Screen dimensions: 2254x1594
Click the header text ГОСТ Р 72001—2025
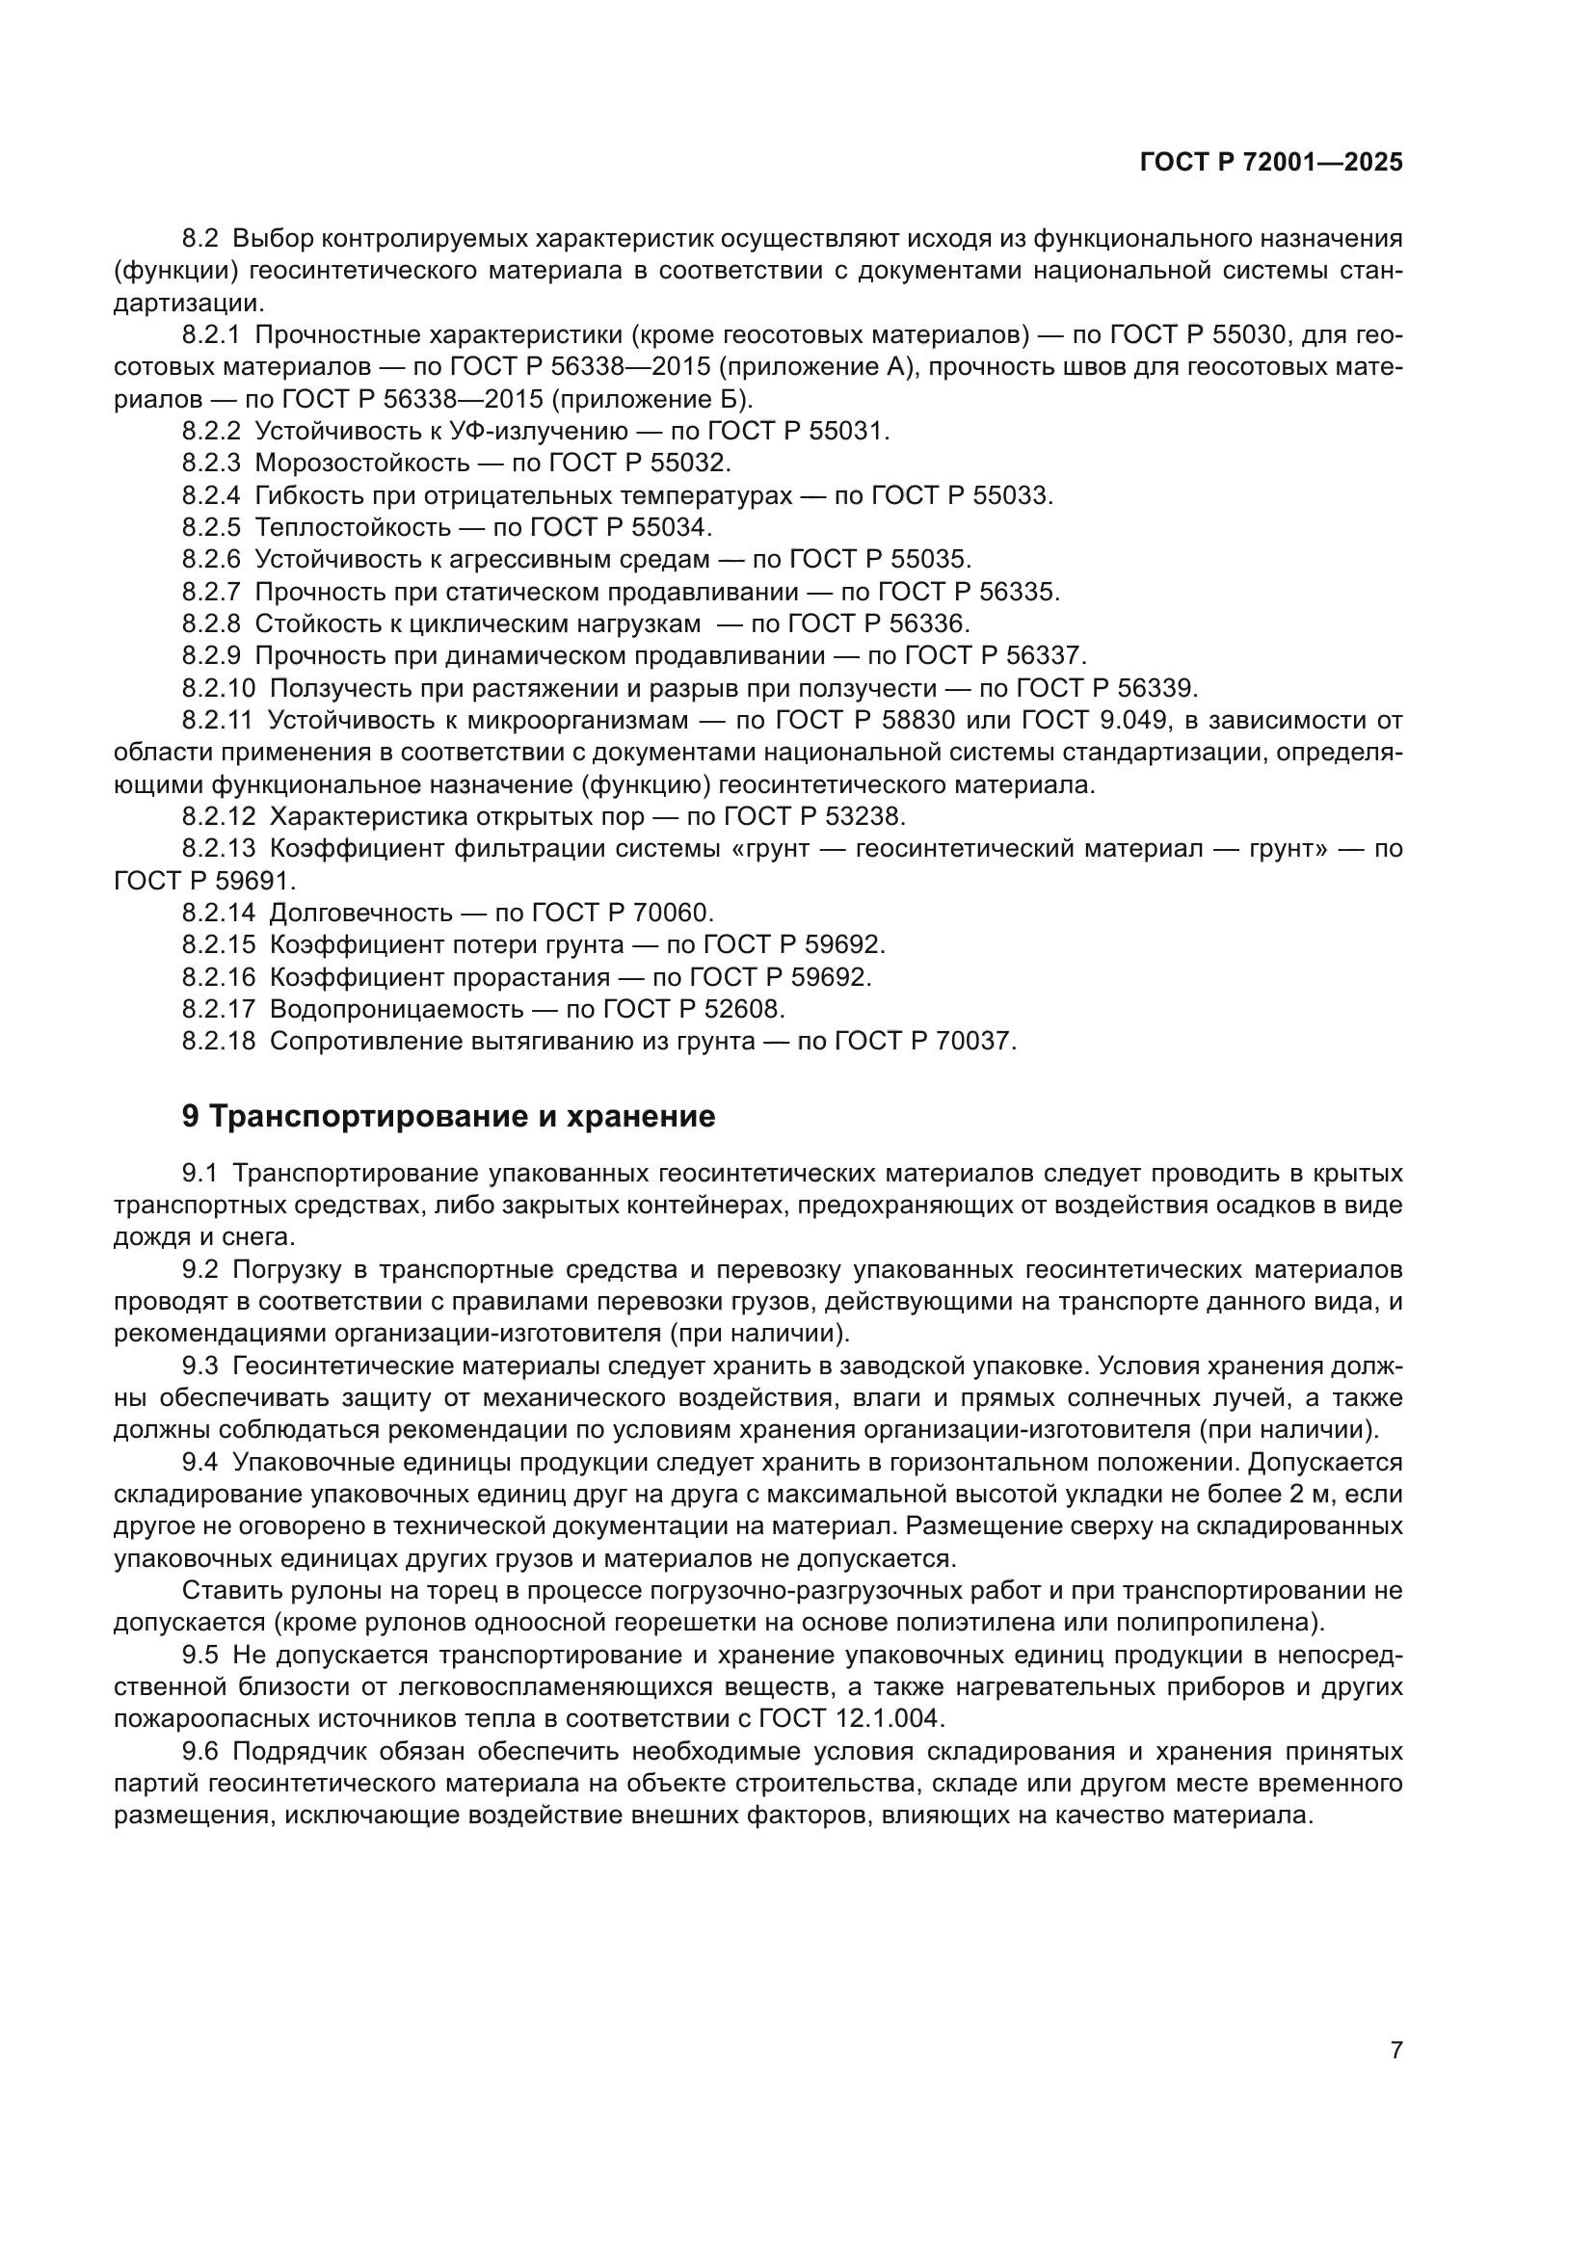click(x=1271, y=163)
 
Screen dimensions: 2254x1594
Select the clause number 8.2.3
click(x=211, y=463)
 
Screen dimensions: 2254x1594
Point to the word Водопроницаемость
click(x=396, y=1009)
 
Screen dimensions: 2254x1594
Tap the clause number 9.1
click(x=201, y=1174)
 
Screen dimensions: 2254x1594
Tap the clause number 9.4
click(x=201, y=1463)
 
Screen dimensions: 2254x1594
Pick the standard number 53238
click(x=863, y=817)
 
